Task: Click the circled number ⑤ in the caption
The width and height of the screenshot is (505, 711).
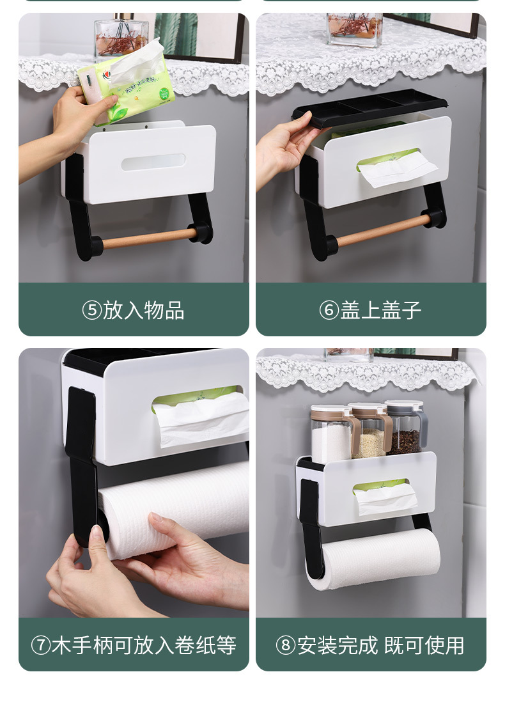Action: (x=92, y=311)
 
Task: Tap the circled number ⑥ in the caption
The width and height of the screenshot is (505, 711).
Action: (x=329, y=311)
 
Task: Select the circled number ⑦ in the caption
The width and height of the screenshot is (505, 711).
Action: (x=40, y=645)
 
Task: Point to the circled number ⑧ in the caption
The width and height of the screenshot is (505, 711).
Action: (x=285, y=645)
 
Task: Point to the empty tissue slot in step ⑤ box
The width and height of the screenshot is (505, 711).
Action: (x=153, y=162)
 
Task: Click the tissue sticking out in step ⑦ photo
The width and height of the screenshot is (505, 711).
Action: (x=201, y=419)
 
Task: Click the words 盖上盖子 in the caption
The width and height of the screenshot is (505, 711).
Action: (x=380, y=311)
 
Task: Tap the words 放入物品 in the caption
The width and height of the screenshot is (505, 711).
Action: (x=144, y=311)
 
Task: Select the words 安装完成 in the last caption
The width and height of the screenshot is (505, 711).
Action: (x=338, y=645)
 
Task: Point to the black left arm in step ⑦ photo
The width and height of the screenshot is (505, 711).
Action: (x=82, y=460)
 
